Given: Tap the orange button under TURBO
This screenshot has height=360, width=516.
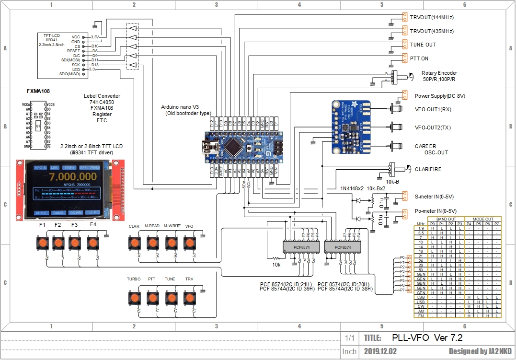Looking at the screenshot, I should click(x=134, y=298).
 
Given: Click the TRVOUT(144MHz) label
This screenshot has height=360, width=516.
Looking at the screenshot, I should click(x=431, y=18).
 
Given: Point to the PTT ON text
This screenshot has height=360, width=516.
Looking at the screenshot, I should click(x=419, y=58).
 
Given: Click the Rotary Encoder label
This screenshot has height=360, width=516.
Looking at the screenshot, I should click(x=439, y=73).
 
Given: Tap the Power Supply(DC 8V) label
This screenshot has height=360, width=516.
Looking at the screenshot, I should click(x=439, y=96).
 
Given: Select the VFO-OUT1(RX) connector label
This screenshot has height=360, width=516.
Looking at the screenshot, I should click(x=433, y=109).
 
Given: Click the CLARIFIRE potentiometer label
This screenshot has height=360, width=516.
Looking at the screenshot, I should click(x=428, y=169).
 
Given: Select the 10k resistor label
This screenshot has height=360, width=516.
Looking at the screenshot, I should click(x=276, y=264).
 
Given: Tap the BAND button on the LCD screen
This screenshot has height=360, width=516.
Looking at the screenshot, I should click(x=58, y=212).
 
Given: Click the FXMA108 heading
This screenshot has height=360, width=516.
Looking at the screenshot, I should click(x=38, y=91).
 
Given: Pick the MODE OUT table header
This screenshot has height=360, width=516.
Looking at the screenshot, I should click(x=482, y=219).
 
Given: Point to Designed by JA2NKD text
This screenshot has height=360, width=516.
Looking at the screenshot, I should click(x=480, y=351).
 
